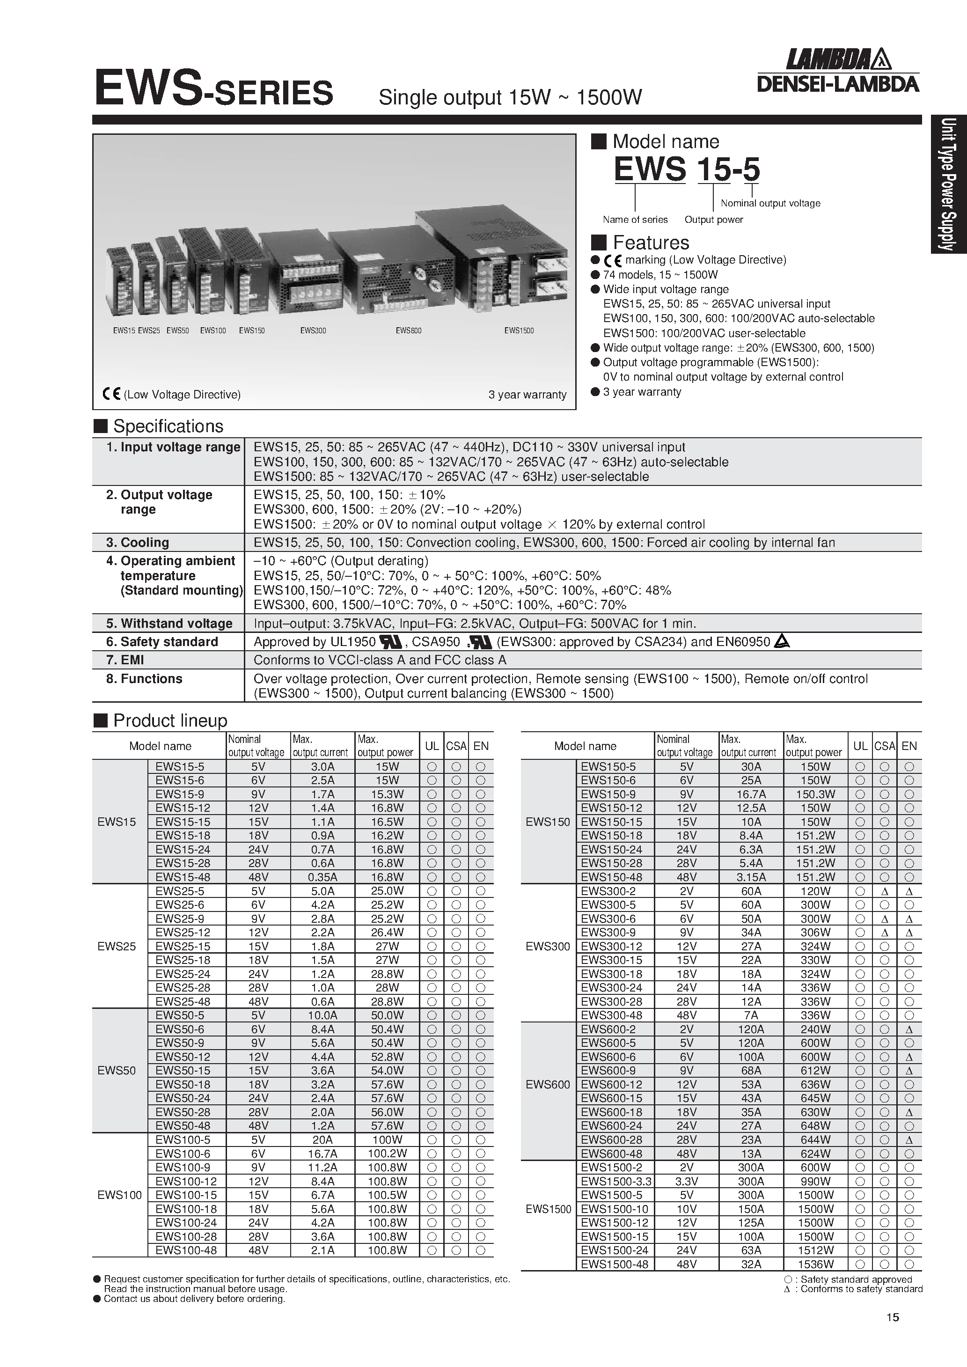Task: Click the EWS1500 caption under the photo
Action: pos(519,331)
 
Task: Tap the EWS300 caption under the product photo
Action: pos(313,331)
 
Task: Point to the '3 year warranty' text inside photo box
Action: pos(527,395)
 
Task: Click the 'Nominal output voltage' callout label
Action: pos(770,203)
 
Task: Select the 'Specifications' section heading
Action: pos(168,426)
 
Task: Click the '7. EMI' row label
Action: pos(125,660)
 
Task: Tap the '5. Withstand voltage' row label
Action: pos(169,624)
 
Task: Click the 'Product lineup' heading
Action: pos(170,720)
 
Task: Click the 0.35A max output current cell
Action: pos(322,877)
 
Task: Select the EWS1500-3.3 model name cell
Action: pos(615,1181)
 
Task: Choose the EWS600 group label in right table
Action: pos(548,1084)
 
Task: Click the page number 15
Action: pos(892,1317)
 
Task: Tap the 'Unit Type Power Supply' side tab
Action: pos(949,184)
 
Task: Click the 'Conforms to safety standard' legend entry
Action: pos(856,1289)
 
